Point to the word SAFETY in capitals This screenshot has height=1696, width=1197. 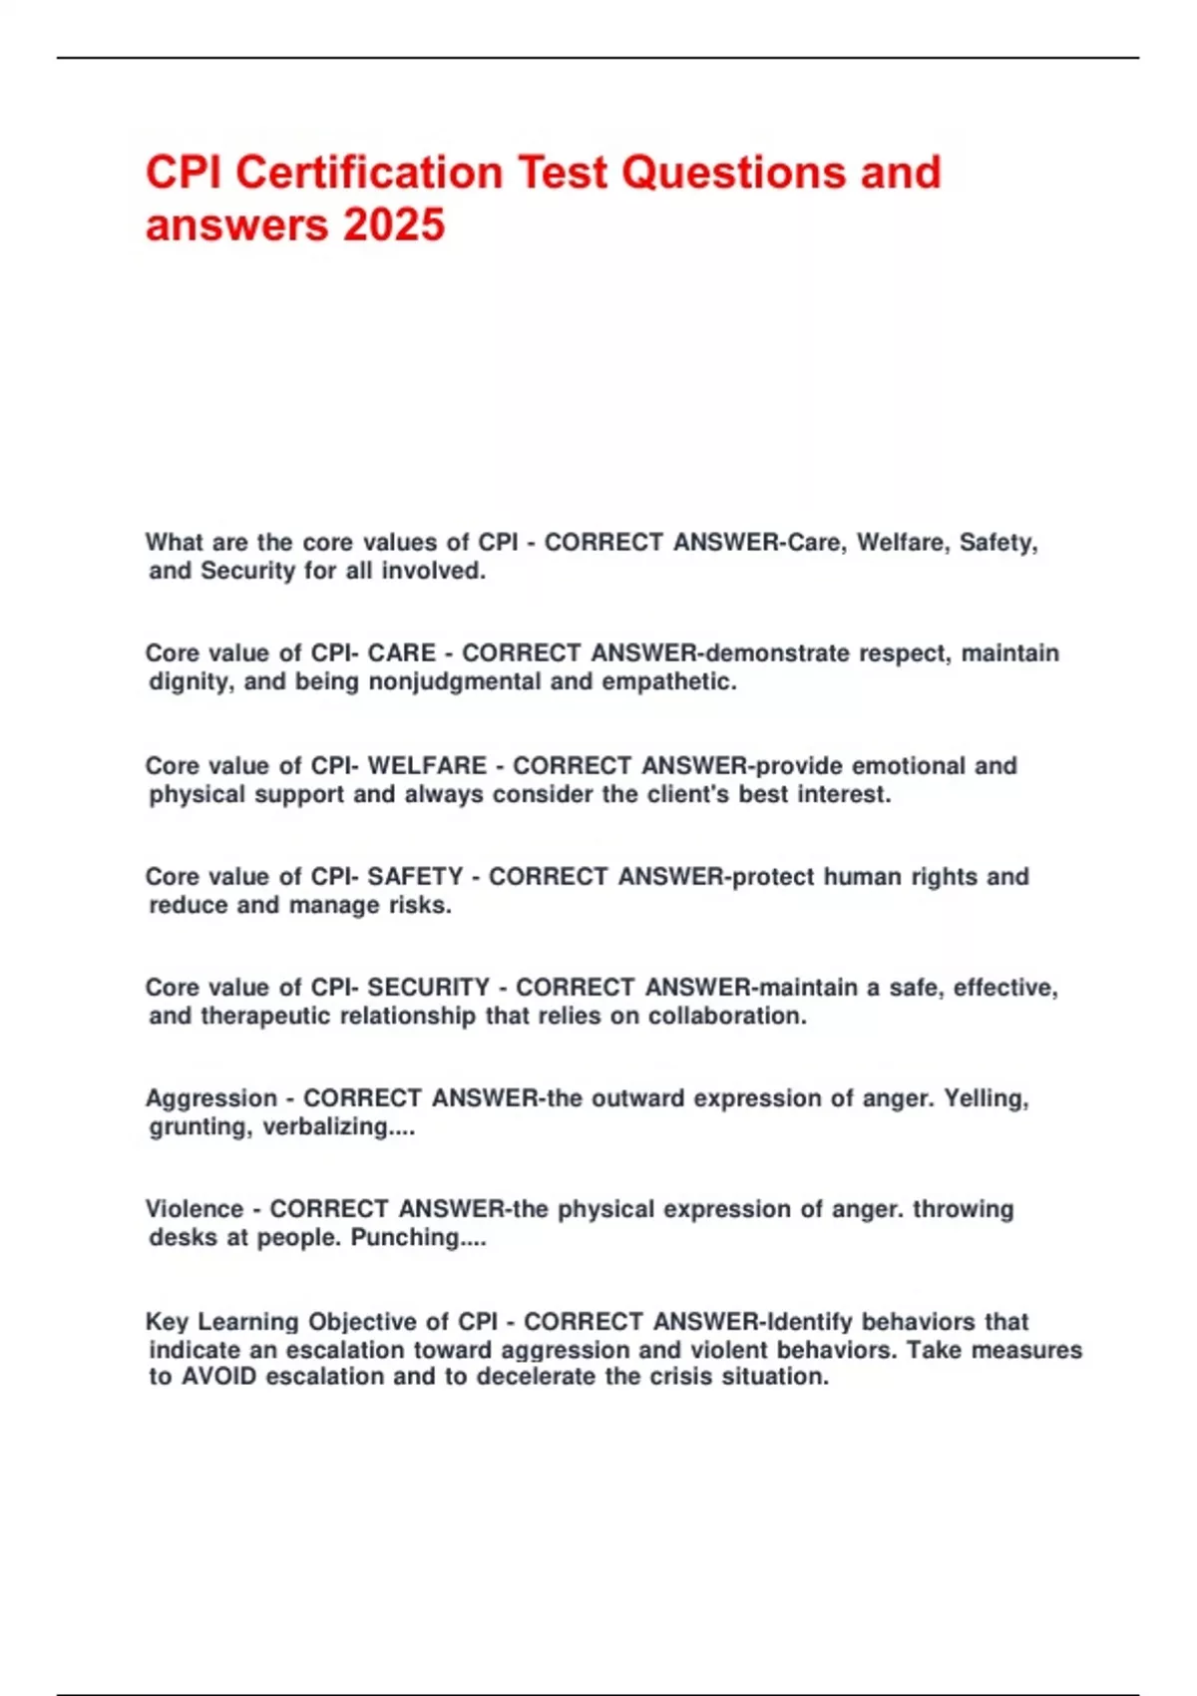415,876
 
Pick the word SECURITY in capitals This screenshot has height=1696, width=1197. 429,987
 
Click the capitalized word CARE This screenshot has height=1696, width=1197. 402,652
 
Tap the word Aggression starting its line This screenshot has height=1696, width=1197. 211,1097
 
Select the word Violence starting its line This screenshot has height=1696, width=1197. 195,1208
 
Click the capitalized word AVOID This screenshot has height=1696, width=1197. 219,1376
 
